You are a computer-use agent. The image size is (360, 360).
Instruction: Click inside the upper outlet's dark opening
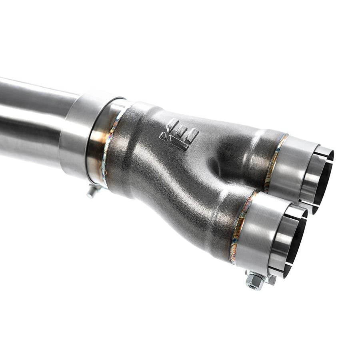tap(322, 180)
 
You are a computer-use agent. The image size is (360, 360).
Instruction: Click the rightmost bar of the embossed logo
tap(192, 136)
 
